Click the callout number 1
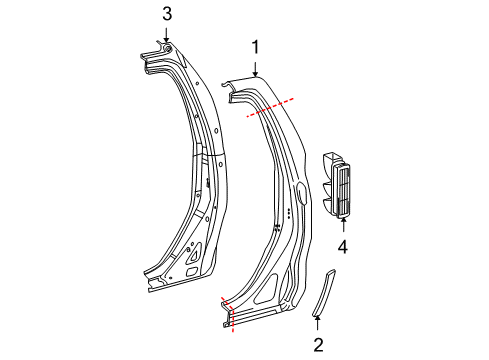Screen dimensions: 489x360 coord(255,47)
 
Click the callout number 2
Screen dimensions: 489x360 coord(318,345)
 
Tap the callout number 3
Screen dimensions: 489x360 coord(167,14)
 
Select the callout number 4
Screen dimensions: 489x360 coord(343,247)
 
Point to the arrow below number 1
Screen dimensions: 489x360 coord(255,69)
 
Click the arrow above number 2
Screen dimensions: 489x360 coord(318,323)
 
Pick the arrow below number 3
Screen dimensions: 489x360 coord(167,35)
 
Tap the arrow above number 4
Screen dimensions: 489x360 coord(343,224)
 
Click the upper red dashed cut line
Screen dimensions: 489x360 coord(270,107)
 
